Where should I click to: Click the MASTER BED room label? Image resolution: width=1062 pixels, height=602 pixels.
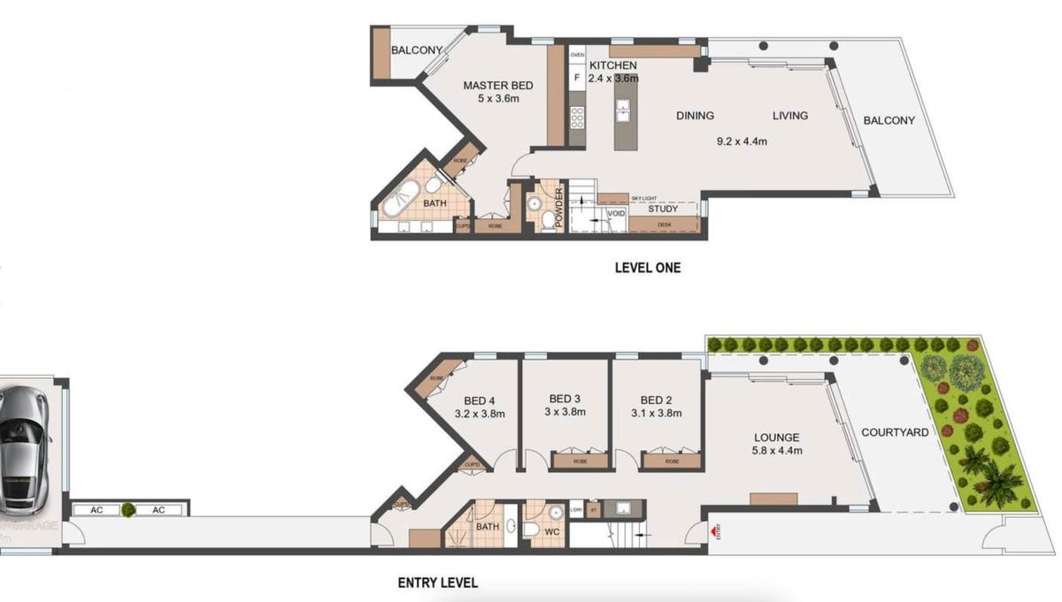point(498,86)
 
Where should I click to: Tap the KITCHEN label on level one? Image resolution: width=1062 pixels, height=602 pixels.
point(613,66)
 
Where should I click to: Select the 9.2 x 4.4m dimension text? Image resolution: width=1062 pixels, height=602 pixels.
point(741,141)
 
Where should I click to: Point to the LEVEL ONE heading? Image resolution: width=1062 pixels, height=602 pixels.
point(648,267)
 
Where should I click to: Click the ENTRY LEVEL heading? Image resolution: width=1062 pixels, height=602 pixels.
point(437,583)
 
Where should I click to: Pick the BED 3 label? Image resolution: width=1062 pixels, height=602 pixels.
point(565,399)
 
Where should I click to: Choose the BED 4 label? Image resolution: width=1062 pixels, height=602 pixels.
point(479,400)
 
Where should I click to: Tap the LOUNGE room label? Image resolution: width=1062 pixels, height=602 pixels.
point(776,438)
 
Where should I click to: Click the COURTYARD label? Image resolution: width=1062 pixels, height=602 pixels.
point(895,432)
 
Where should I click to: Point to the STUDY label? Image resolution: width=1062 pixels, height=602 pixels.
point(663,210)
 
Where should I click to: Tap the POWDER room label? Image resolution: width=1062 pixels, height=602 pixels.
point(559,207)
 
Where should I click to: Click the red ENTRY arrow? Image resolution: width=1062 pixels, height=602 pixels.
point(714,532)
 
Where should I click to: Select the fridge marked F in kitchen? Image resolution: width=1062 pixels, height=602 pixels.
point(577,78)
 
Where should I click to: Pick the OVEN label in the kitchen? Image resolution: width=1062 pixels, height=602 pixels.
point(577,55)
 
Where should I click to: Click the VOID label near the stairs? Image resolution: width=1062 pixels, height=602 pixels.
point(616,214)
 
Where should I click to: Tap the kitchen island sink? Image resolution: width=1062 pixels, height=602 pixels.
point(623,110)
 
